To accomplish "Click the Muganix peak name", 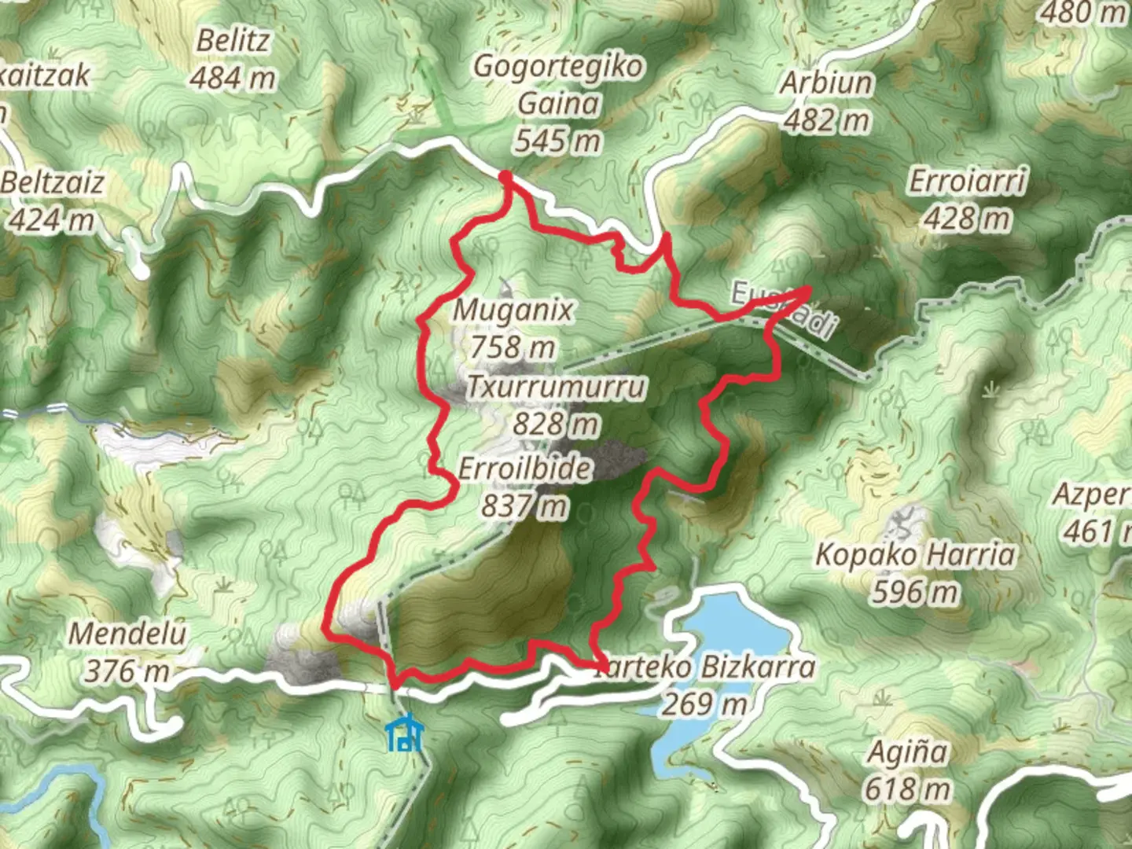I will click(513, 310).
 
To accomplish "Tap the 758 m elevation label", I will click(513, 347).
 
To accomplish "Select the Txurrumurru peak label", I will click(557, 387).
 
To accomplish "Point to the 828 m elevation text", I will click(556, 424).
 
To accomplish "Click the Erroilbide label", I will click(525, 469).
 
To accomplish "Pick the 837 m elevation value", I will click(524, 505).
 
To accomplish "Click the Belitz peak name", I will click(233, 41).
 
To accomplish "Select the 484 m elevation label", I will click(233, 78).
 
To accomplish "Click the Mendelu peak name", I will click(127, 634).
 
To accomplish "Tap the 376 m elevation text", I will click(127, 671).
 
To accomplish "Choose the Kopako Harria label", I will click(916, 555).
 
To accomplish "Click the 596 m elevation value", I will click(915, 592).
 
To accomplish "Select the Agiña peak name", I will click(906, 752).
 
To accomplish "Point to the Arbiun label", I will click(826, 83).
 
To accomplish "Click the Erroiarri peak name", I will click(968, 182).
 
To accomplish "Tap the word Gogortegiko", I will click(558, 67).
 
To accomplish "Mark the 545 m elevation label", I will click(558, 141).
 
